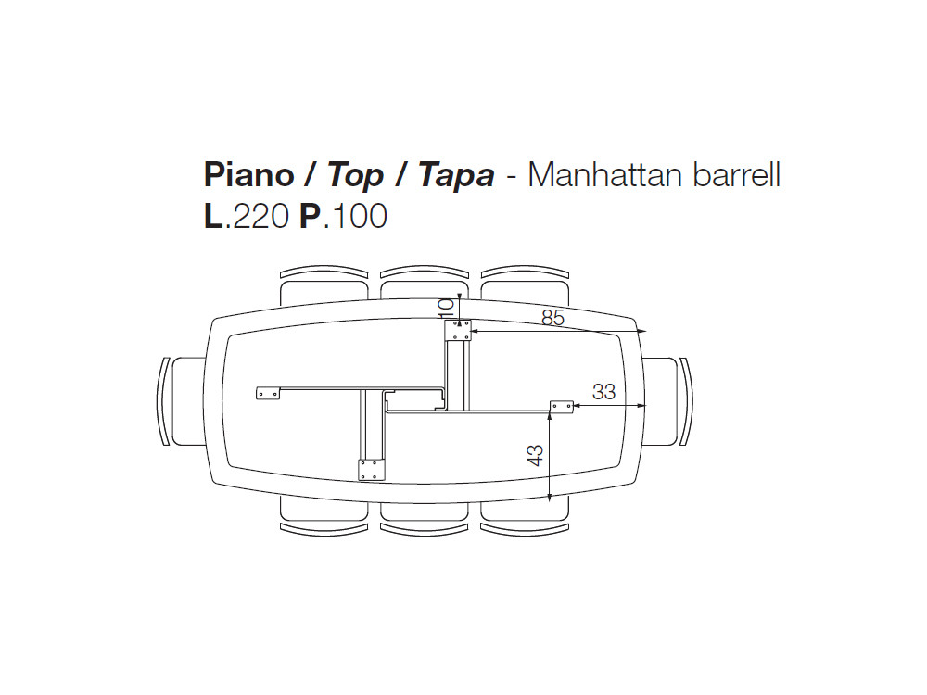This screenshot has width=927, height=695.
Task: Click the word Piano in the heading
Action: point(248,175)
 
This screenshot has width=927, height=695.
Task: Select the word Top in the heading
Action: point(355,176)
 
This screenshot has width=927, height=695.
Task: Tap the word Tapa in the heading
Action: point(456,176)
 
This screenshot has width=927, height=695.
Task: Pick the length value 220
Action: point(260,216)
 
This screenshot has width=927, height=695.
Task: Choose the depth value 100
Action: point(358,216)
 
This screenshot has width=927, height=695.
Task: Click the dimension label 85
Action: point(552,318)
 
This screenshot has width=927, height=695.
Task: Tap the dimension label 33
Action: point(603,391)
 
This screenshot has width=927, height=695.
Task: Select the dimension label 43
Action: point(535,454)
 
